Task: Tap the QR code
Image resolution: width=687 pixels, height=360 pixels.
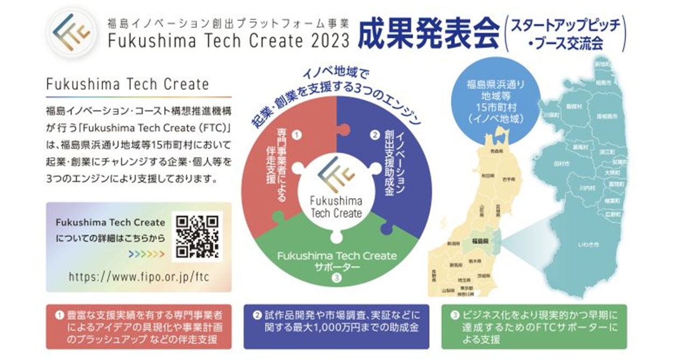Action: tap(197, 237)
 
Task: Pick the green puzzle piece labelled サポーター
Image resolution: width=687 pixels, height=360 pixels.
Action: tap(337, 258)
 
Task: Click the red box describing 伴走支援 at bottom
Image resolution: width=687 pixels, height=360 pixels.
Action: tap(139, 326)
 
